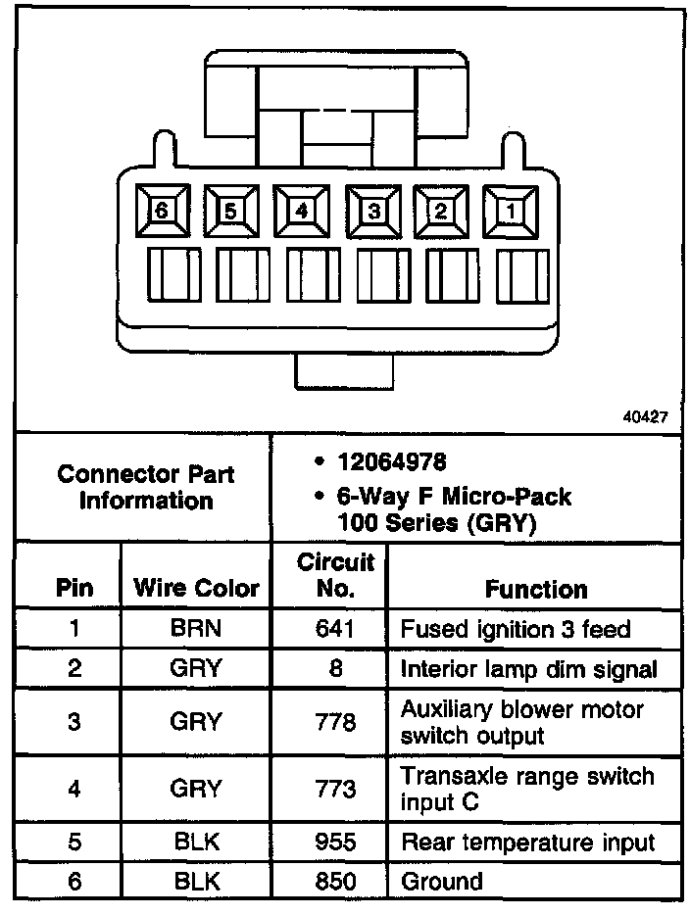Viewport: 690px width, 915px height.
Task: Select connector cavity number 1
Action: point(510,210)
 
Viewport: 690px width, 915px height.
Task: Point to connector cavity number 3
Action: point(371,210)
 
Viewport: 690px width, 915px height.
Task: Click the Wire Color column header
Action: point(196,589)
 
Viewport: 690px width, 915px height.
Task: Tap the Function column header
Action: point(536,589)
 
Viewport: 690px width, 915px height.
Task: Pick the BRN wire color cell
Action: point(196,629)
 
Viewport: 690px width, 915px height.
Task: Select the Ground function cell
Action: point(442,881)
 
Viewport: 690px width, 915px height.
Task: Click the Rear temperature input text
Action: point(527,842)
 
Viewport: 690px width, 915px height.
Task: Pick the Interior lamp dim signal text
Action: point(528,669)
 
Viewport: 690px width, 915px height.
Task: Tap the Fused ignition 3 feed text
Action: point(516,629)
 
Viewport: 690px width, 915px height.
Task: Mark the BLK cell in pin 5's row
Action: point(196,842)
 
